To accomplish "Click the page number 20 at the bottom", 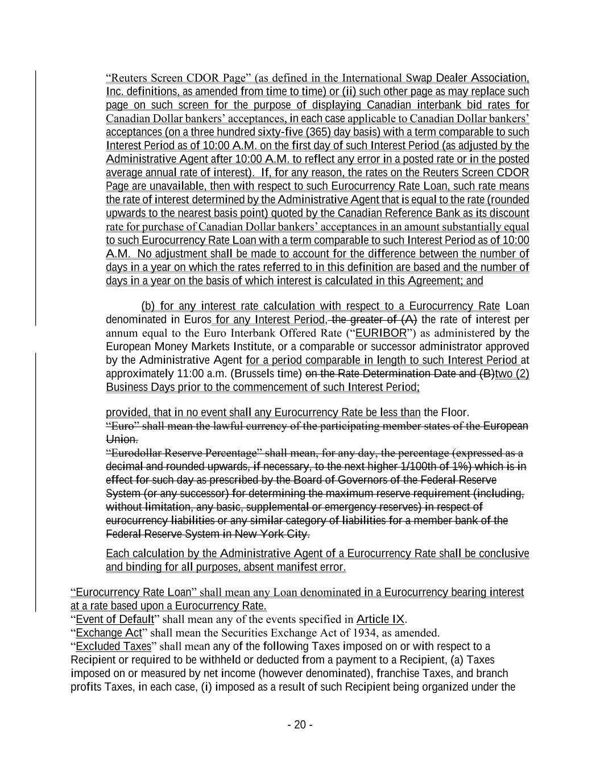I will [300, 725].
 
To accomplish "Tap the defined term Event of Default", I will [115, 619].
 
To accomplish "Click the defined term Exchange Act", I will [109, 633].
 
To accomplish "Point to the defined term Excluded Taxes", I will [114, 646].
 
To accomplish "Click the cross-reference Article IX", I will [380, 619].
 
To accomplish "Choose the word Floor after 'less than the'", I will [454, 413].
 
